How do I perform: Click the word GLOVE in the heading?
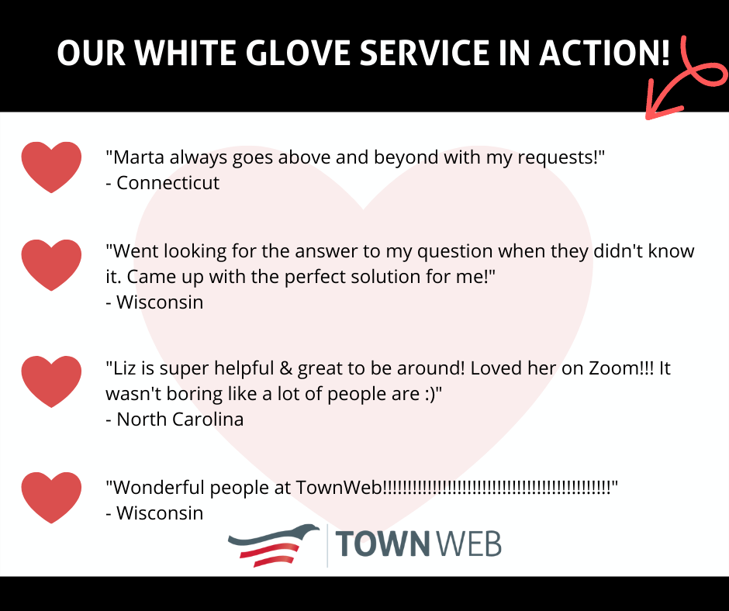pos(298,53)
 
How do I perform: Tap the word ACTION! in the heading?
pos(604,53)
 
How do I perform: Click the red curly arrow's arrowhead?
pos(660,102)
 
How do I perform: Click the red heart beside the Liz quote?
pos(51,381)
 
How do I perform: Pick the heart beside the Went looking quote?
pos(51,265)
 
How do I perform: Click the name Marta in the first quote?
pos(139,157)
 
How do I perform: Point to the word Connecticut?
pos(168,183)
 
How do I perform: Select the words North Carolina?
pos(180,419)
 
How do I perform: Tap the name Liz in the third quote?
pos(125,368)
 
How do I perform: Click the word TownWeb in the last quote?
pos(338,488)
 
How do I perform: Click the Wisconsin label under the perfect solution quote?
pos(160,302)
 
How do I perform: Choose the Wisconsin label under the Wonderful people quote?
pos(160,513)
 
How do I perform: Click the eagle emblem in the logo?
pos(273,545)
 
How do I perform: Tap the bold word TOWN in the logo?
pos(382,544)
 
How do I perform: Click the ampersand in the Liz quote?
pos(285,368)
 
